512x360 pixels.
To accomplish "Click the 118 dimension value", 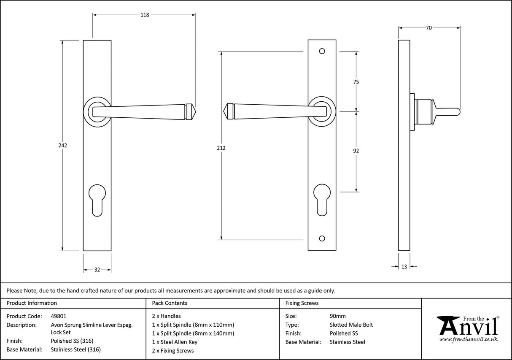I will click(x=145, y=15).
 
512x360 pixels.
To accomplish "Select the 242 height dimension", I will click(x=62, y=145).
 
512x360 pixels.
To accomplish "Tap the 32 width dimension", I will click(x=97, y=270).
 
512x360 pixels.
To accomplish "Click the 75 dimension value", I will click(x=356, y=82).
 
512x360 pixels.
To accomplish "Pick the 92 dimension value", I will click(x=356, y=151).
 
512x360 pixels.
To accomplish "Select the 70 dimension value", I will click(x=428, y=28).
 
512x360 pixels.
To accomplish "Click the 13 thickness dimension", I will click(x=404, y=266).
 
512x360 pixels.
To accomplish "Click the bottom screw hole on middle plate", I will click(x=322, y=238).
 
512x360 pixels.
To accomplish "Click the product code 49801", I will click(x=58, y=316).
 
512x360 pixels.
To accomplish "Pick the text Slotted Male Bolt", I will click(x=351, y=325).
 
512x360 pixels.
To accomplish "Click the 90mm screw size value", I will click(x=337, y=316).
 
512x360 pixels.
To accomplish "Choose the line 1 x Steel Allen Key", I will click(x=174, y=342).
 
